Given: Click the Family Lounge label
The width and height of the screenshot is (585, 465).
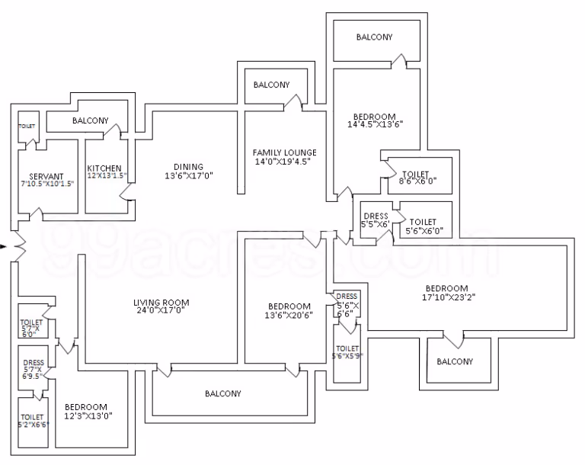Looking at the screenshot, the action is coord(285,152).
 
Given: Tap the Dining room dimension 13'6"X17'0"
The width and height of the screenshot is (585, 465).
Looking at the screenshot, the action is coord(189,175).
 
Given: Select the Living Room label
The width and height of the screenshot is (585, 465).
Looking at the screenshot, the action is coord(161,303).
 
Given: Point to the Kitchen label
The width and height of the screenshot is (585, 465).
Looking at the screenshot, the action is coord(104,168).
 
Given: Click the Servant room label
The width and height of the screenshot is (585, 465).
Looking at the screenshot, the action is coord(46,176).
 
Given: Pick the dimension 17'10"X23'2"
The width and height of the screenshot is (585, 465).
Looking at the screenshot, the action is coord(449,297).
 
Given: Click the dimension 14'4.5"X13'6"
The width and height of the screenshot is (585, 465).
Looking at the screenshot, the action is coord(376,125).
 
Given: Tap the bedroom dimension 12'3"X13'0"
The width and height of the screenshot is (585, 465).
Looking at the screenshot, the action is coord(88,415).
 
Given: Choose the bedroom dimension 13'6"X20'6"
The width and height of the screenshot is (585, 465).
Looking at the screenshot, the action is coord(289,316).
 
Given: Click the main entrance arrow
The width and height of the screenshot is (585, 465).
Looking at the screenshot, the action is coord(3,246).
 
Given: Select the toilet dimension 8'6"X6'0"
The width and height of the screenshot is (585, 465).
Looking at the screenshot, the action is coord(417,181).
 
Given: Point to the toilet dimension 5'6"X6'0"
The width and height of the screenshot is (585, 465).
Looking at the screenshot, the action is coord(424,231).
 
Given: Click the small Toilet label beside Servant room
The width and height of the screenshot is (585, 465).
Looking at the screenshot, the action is coord(27,127).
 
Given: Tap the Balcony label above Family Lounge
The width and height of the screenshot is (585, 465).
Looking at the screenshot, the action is coord(272,85).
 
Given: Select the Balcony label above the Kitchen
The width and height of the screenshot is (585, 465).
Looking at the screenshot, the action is coord(91,120).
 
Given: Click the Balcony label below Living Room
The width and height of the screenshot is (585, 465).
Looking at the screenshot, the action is coord(223,393).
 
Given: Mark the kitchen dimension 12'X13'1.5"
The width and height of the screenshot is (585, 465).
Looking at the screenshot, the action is coord(107,175).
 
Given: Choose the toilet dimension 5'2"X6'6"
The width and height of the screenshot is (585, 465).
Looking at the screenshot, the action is coord(34,425).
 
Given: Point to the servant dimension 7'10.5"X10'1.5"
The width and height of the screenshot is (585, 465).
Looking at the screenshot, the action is coord(47,184).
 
